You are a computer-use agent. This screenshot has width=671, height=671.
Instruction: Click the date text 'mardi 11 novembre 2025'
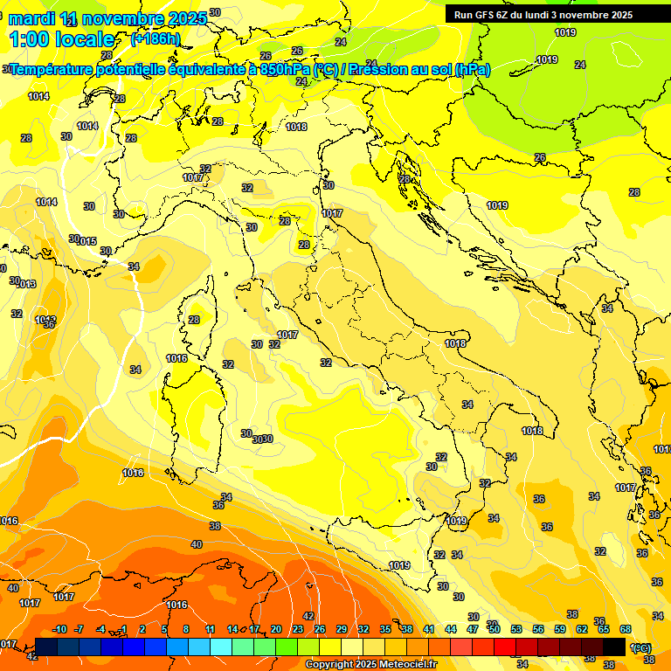(107, 18)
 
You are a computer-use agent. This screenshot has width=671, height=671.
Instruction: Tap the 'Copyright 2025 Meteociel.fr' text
(370, 664)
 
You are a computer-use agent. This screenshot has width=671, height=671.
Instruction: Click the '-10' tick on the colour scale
(59, 629)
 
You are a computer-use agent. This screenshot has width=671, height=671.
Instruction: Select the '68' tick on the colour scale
(626, 629)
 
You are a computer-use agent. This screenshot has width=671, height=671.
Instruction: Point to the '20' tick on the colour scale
(276, 629)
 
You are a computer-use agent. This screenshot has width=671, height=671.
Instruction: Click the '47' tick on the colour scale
(473, 629)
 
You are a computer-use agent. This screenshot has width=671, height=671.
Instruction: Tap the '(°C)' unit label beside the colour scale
(640, 647)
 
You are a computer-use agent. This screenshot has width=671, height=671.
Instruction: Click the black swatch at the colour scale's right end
(614, 647)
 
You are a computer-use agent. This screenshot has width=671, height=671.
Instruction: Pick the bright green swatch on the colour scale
(287, 647)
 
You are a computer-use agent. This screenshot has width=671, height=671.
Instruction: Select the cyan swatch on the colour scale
(221, 647)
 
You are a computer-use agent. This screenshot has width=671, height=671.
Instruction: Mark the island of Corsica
(198, 310)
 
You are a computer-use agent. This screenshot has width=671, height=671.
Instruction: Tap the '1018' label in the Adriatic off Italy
(455, 343)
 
